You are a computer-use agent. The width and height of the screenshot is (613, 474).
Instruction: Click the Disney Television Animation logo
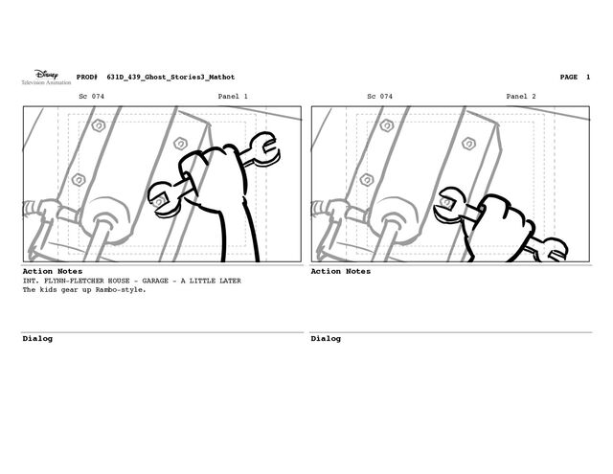pyautogui.click(x=46, y=77)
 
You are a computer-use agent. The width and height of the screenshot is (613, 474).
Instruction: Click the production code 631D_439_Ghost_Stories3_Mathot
pyautogui.click(x=170, y=77)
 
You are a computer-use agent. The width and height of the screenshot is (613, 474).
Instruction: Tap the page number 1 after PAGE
pyautogui.click(x=587, y=77)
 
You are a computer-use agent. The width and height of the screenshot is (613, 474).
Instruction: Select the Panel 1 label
pyautogui.click(x=233, y=96)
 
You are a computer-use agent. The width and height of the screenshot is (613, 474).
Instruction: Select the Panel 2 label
pyautogui.click(x=521, y=96)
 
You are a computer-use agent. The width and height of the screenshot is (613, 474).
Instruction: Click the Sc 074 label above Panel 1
pyautogui.click(x=92, y=96)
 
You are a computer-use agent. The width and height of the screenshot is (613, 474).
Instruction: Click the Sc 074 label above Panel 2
pyautogui.click(x=379, y=96)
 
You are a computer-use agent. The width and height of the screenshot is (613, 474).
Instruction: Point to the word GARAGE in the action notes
pyautogui.click(x=155, y=281)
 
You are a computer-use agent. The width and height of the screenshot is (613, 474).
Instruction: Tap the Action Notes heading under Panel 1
pyautogui.click(x=53, y=271)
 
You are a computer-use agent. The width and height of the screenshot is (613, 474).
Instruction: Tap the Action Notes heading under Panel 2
pyautogui.click(x=341, y=271)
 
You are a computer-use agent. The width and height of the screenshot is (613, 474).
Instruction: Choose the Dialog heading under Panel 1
pyautogui.click(x=37, y=338)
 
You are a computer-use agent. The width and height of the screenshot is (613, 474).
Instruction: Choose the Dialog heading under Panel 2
pyautogui.click(x=326, y=338)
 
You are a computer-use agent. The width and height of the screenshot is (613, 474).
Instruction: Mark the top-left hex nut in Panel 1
pyautogui.click(x=99, y=125)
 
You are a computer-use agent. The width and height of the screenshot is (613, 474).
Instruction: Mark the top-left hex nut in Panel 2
pyautogui.click(x=387, y=125)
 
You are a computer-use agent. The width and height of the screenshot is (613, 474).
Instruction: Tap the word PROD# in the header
pyautogui.click(x=87, y=77)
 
